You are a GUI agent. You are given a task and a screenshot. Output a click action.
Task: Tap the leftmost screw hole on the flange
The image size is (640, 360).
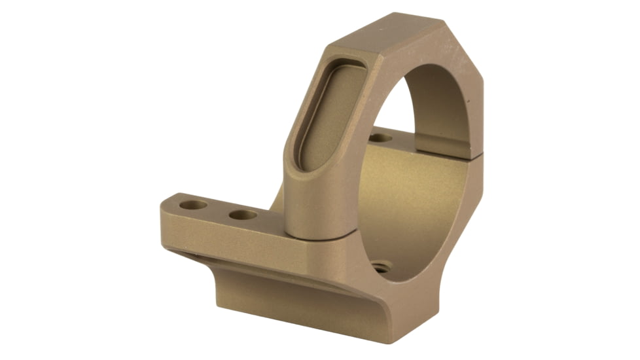[193, 205]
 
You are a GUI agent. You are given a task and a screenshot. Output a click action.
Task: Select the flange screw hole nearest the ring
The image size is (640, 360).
[243, 215]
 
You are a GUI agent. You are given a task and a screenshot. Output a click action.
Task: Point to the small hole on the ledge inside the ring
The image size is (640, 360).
[381, 138]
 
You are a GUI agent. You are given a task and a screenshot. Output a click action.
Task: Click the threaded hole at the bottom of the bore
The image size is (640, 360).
[380, 267]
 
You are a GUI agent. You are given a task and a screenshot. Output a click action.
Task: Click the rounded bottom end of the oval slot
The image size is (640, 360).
[308, 164]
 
